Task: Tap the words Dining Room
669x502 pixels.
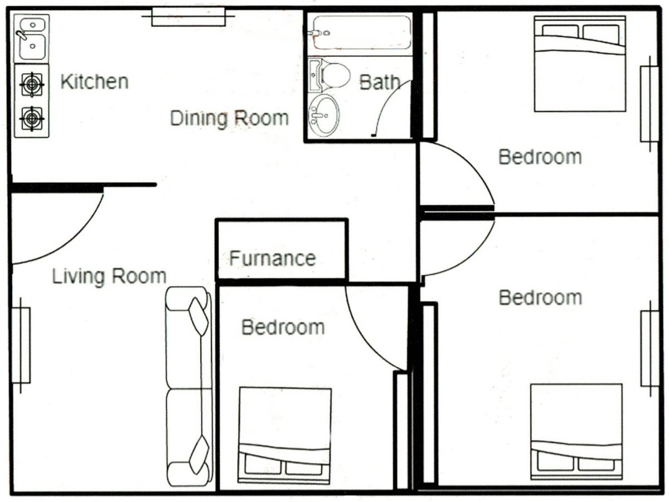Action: click(x=229, y=118)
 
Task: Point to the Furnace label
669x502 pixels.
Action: click(x=273, y=258)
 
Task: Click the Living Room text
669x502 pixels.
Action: click(x=109, y=276)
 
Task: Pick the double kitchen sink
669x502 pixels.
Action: click(x=32, y=38)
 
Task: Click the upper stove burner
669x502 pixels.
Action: click(x=32, y=85)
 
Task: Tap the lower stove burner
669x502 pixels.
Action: click(x=32, y=119)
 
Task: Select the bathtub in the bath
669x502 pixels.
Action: click(x=361, y=32)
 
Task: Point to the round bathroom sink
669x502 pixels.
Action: click(x=324, y=115)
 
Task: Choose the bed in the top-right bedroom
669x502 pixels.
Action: click(x=580, y=64)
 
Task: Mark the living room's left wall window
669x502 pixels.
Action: click(x=21, y=345)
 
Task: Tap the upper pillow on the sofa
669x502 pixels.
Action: click(x=198, y=316)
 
